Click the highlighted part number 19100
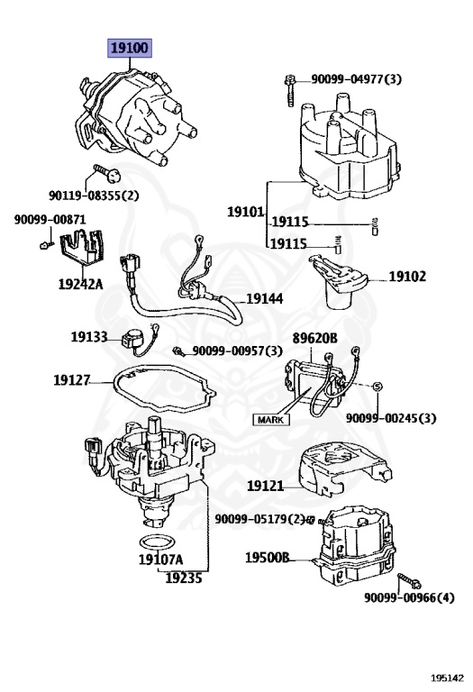pos(130,48)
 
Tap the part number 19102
pos(407,277)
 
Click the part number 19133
pos(89,337)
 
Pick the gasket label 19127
pos(71,380)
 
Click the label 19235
pos(184,578)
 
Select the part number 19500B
pos(268,558)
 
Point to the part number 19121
pos(266,486)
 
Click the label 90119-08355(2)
pos(94,194)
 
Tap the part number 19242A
pos(81,284)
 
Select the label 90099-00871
pos(50,219)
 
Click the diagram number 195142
pos(446,676)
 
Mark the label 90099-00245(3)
pos(391,419)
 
